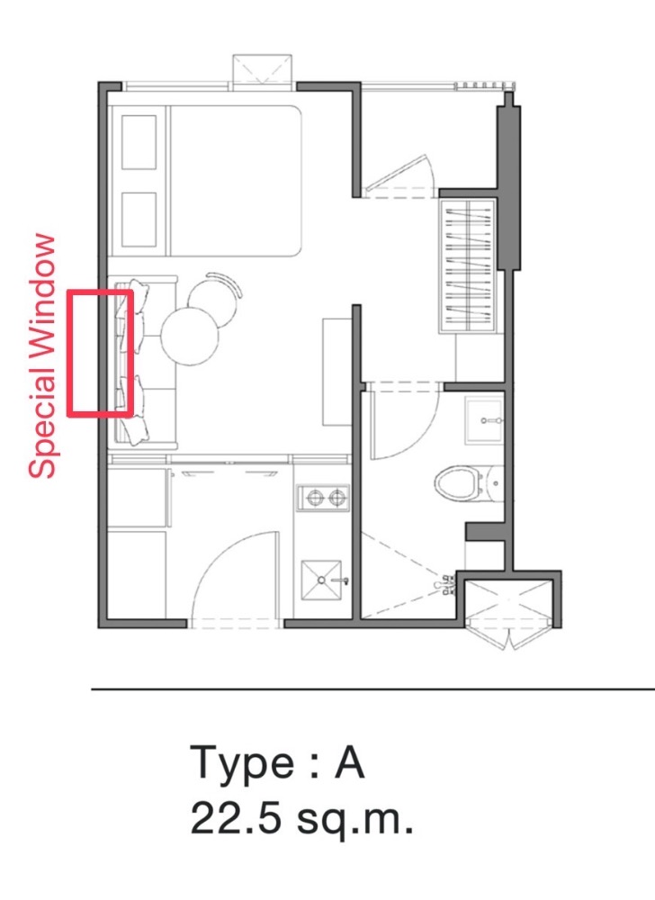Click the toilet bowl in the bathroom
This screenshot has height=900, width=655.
point(457,483)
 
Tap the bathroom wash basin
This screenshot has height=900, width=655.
point(485,420)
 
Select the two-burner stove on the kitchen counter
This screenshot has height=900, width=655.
point(323,497)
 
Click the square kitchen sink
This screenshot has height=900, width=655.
point(322,580)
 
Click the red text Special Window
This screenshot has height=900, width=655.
point(42,355)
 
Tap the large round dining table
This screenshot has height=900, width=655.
point(190,337)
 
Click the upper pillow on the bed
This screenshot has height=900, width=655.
point(139,142)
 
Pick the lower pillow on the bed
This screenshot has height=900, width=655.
point(139,220)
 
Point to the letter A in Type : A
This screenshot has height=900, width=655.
point(350,761)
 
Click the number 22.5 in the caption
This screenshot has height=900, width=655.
point(236,817)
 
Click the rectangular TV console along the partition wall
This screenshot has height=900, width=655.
point(336,372)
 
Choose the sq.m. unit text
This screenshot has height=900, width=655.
point(354,822)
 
